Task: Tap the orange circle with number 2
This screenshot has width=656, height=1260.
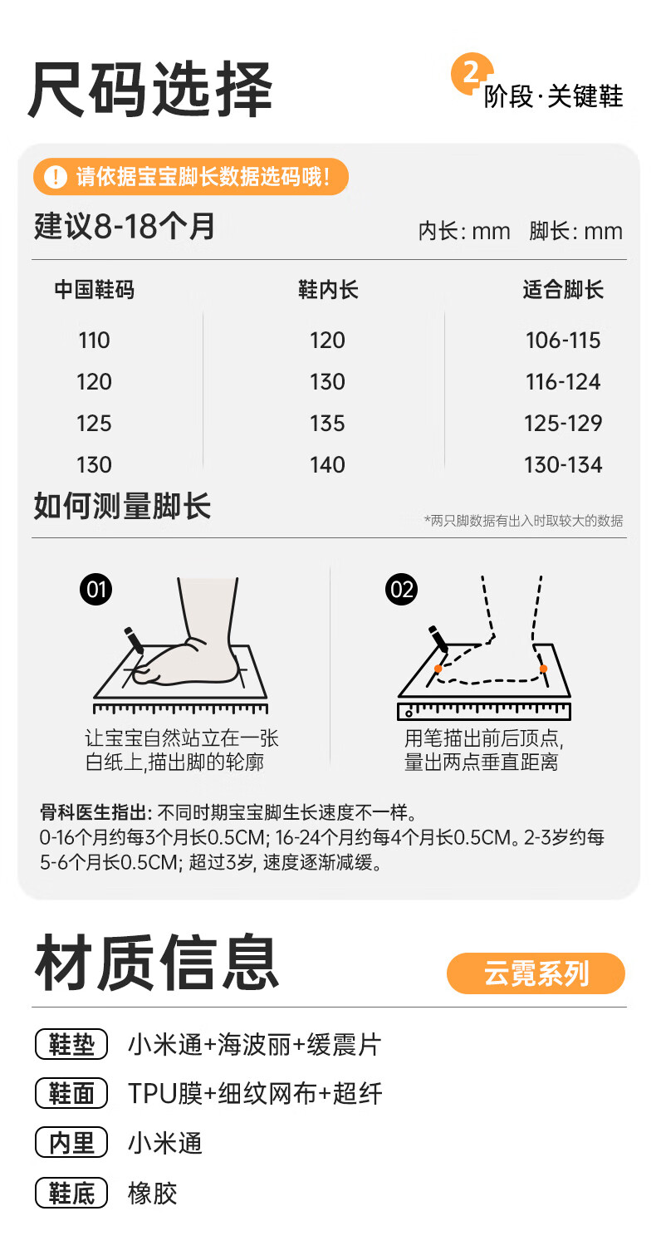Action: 472,74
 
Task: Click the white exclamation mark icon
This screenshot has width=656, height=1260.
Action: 56,176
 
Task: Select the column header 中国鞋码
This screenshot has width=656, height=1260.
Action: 94,290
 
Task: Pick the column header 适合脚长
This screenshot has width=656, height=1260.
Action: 563,290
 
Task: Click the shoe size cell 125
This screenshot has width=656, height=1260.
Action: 94,424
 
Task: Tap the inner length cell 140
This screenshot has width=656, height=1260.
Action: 327,465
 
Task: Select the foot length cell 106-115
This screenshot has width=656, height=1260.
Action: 563,341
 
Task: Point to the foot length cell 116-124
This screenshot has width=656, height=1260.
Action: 563,382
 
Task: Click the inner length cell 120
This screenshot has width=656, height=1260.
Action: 327,341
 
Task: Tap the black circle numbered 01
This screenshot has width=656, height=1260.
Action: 96,590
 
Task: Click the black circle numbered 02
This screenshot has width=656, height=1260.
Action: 402,590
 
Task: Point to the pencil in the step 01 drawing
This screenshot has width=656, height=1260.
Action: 134,640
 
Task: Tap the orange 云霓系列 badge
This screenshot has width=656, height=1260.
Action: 536,973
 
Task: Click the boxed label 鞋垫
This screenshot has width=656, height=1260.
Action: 71,1044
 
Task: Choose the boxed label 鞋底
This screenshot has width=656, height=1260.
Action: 71,1194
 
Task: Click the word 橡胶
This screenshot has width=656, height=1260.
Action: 153,1194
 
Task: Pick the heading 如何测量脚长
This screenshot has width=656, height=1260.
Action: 122,506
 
